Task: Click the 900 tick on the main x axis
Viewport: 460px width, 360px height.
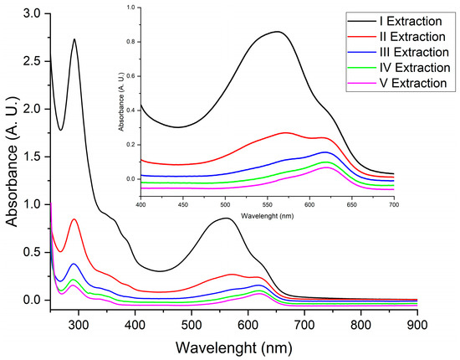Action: pyautogui.click(x=417, y=324)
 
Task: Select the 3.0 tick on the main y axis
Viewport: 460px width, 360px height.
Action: pyautogui.click(x=33, y=13)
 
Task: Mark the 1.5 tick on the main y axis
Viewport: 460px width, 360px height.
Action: pyautogui.click(x=33, y=157)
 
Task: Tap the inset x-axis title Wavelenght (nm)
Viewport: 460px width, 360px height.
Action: pyautogui.click(x=267, y=214)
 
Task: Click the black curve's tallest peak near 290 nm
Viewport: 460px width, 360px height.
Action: pyautogui.click(x=75, y=39)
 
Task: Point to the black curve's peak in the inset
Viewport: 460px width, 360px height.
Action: pyautogui.click(x=278, y=32)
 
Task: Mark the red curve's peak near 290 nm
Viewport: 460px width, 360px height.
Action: pyautogui.click(x=75, y=219)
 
